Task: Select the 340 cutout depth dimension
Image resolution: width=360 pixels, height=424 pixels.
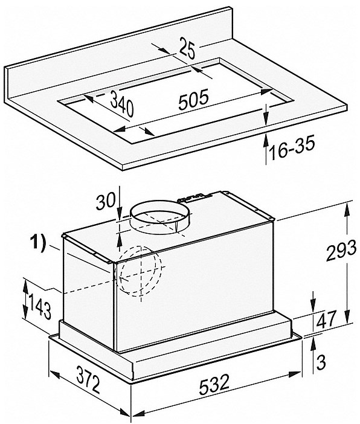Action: (122, 103)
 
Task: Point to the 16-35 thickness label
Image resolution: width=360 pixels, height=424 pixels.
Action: (292, 148)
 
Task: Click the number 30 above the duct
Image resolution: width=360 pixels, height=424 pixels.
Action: (106, 201)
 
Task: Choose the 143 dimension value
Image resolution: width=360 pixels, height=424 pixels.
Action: (40, 307)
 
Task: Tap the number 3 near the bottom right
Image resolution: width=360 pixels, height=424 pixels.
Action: (321, 362)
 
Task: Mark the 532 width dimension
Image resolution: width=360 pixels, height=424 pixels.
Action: (214, 384)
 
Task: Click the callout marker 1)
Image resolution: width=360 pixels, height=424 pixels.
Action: (38, 243)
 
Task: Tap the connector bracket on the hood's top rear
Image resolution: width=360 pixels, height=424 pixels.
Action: (190, 198)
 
